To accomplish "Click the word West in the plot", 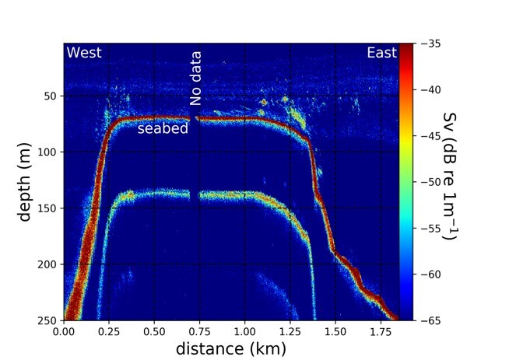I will (85, 53).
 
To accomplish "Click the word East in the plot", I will (381, 53).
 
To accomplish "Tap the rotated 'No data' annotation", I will (196, 78).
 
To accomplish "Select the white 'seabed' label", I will (163, 129).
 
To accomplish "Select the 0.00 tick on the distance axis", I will (64, 330).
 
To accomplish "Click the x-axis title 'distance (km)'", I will (231, 348).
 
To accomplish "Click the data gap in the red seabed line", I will (192, 119).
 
